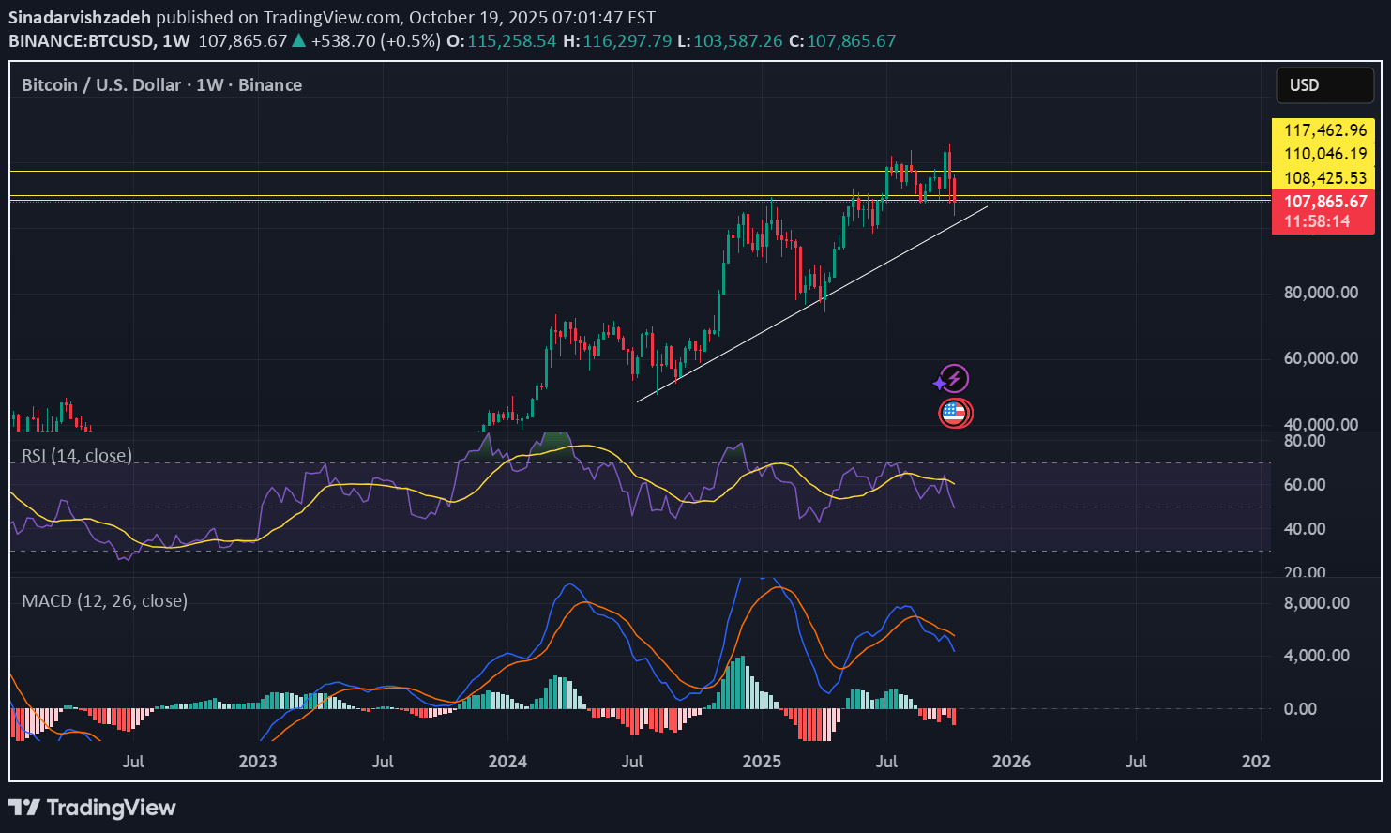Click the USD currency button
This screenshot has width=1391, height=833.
coord(1323,85)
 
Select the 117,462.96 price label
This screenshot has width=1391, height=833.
coord(1324,131)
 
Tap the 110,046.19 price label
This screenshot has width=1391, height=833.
coord(1324,154)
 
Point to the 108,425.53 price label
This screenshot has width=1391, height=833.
coord(1324,177)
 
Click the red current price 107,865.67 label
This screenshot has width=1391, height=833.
coord(1324,201)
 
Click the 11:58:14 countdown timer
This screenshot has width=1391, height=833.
coord(1317,221)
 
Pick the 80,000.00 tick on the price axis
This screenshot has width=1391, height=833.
coord(1320,293)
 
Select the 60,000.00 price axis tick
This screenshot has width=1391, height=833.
coord(1320,358)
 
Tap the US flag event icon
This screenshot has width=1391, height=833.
coord(955,412)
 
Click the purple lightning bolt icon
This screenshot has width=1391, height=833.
coord(954,379)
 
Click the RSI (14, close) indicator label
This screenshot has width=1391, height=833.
coord(77,456)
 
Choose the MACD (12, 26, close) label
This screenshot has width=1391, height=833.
coord(104,600)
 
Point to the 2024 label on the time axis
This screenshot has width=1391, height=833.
coord(507,761)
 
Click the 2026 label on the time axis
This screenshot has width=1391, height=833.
coord(1011,761)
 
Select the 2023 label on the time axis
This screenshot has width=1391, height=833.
coord(257,761)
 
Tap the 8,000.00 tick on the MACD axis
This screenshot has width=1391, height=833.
coord(1316,603)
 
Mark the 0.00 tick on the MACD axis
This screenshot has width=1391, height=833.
coord(1300,709)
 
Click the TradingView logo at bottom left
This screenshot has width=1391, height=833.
coord(92,808)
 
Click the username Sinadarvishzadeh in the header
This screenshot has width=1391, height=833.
coord(79,18)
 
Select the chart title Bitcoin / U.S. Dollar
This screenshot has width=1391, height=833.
coord(101,85)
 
